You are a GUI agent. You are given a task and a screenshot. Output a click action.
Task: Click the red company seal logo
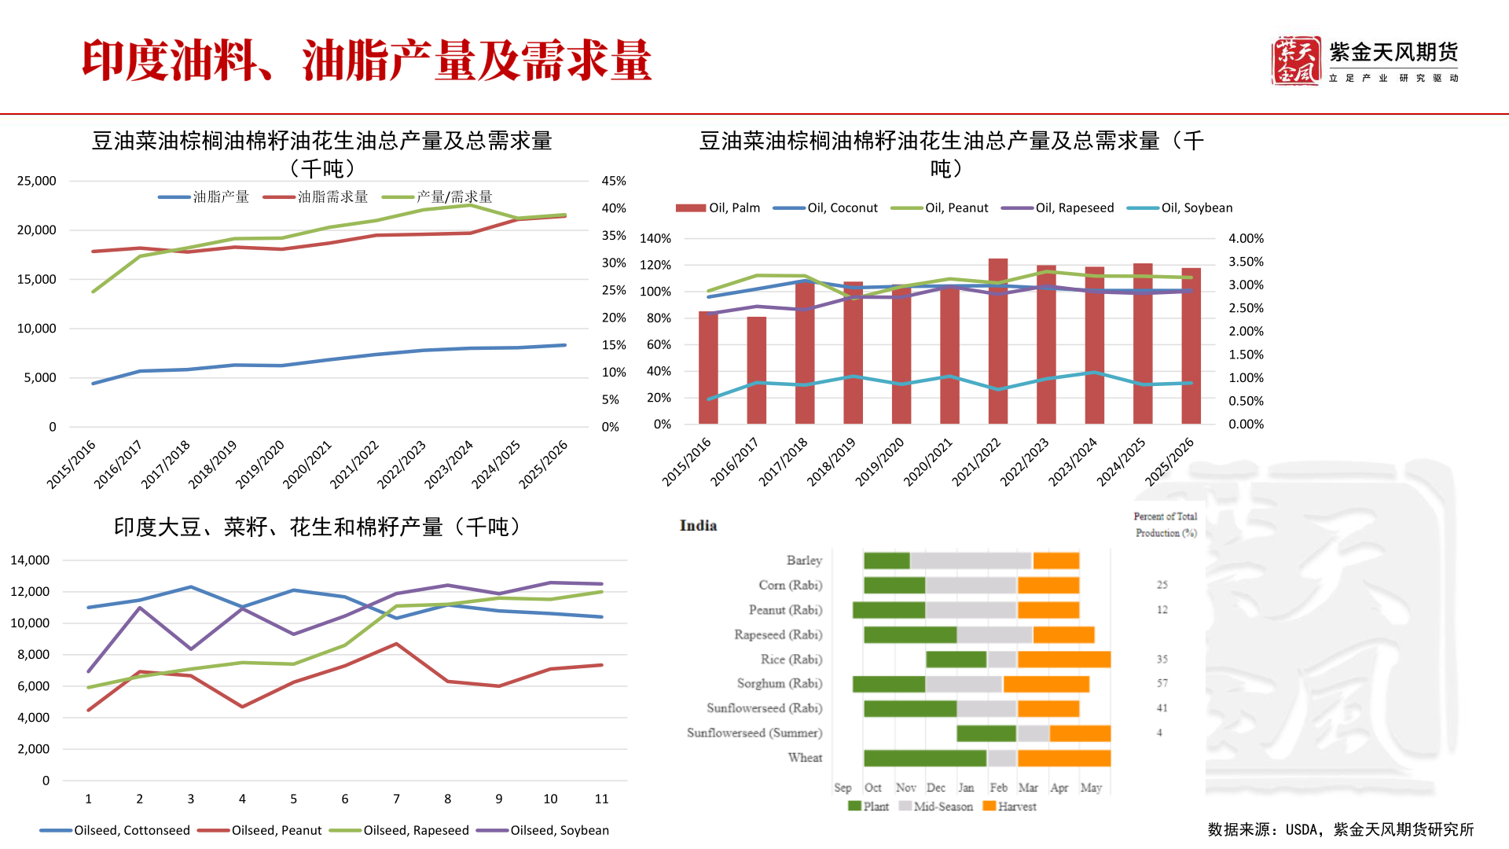pos(1295,61)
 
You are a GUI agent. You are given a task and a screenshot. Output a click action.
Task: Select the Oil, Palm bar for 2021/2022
pos(997,341)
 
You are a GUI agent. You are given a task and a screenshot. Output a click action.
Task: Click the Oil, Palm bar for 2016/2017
pos(756,370)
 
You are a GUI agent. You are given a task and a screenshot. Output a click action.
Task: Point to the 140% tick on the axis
pos(655,238)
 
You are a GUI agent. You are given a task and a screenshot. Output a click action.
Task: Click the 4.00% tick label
pos(1246,238)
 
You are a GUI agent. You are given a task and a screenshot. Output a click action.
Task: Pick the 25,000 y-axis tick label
pos(37,181)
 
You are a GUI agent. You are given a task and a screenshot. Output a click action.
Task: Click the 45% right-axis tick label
pos(614,181)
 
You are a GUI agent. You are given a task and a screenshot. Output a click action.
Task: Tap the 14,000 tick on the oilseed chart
pos(30,560)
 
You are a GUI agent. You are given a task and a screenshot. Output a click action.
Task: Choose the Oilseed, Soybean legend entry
pos(559,830)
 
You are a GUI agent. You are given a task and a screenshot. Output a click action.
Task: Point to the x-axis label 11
pos(601,799)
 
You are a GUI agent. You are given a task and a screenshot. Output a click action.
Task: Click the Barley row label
pos(804,560)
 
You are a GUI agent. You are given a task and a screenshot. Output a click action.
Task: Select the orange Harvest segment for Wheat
pos(1063,758)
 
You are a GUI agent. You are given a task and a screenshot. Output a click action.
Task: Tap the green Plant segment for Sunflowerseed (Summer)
pos(986,733)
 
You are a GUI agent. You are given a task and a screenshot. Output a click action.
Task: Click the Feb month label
pos(998,788)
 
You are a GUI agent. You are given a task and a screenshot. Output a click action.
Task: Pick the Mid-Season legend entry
pos(942,807)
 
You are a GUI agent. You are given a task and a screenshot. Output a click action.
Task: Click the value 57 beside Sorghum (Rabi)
pos(1162,684)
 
